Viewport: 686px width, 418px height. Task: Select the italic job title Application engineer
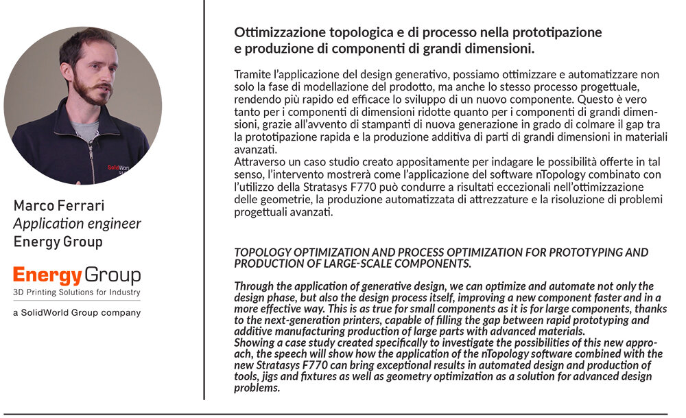coord(78,224)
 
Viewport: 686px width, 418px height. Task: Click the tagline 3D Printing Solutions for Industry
coord(77,292)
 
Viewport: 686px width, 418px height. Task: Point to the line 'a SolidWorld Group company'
coord(77,312)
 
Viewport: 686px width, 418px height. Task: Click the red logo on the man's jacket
coord(117,167)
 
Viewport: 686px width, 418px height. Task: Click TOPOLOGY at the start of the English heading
coord(263,253)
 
